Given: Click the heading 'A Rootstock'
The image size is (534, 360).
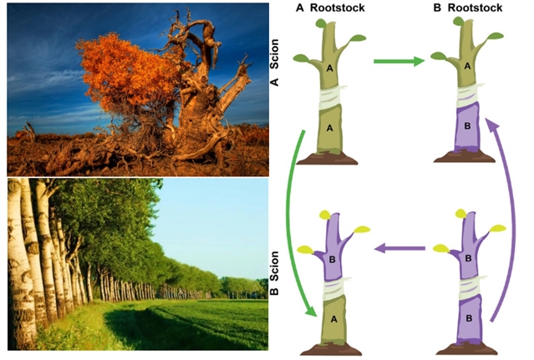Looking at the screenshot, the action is (x=330, y=8).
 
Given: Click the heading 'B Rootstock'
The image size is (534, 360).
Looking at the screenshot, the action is (x=468, y=8).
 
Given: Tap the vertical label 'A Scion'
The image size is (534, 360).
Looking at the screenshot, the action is (x=274, y=63).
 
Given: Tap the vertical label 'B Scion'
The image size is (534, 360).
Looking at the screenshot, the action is (x=274, y=272).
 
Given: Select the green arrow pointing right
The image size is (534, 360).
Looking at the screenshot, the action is (x=399, y=61).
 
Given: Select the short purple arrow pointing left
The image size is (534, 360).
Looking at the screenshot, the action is (x=399, y=248).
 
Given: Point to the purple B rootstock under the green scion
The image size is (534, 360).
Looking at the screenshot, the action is (x=467, y=127).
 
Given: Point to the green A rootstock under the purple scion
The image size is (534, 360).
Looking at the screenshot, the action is (x=333, y=319).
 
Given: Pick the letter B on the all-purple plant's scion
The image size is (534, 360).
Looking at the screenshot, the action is (x=468, y=258).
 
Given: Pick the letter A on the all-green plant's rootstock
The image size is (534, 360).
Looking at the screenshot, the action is (x=329, y=128).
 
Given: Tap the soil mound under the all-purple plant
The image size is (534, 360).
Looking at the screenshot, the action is (x=467, y=348).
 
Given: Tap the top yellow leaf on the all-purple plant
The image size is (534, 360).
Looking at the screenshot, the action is (x=460, y=214).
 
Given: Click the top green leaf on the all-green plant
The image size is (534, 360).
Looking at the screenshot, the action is (x=321, y=23).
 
